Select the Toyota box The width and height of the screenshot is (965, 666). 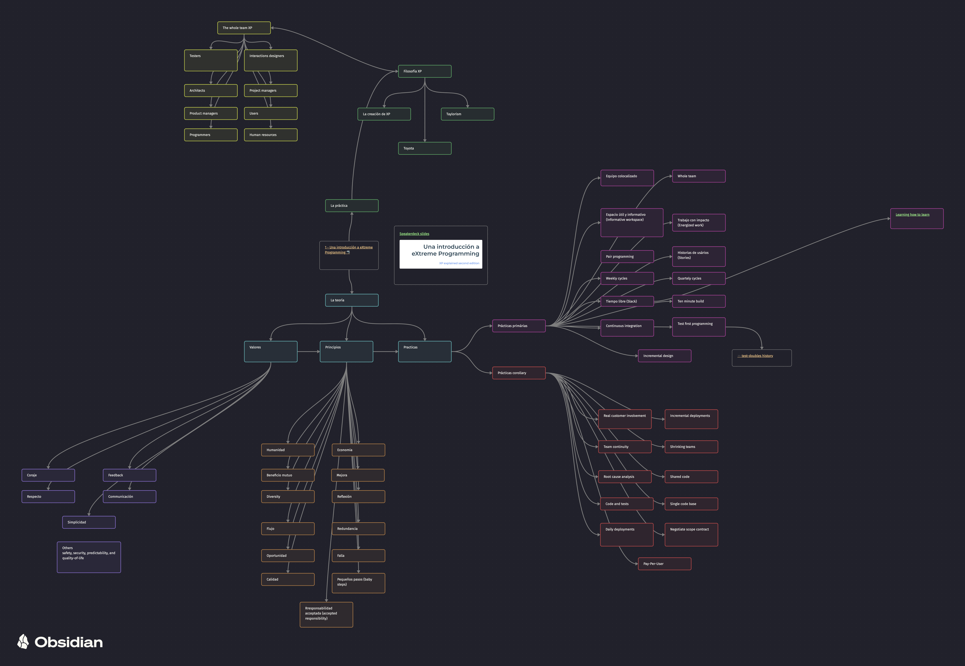tap(425, 148)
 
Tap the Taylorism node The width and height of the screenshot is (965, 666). tap(468, 114)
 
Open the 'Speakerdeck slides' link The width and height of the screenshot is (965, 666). tap(414, 234)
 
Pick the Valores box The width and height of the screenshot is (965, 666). tap(270, 351)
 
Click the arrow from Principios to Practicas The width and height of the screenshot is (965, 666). tap(386, 351)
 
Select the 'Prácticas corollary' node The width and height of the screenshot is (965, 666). tap(519, 373)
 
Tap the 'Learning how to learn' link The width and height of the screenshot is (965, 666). tap(912, 214)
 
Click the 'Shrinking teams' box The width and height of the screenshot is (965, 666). tap(691, 446)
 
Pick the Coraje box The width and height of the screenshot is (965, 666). tap(48, 475)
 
